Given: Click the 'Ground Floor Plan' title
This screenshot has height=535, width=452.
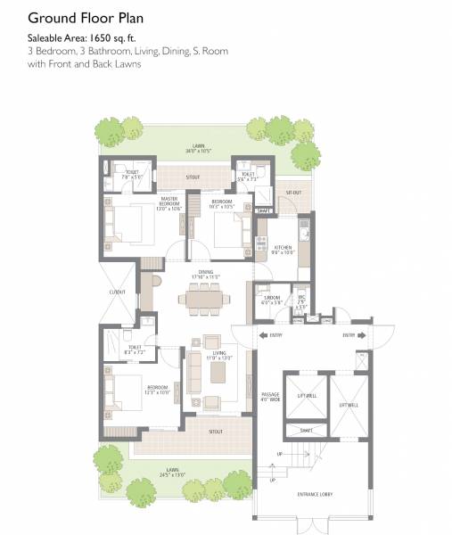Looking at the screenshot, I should point(84,17).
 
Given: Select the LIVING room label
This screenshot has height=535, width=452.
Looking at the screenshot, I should point(218,354).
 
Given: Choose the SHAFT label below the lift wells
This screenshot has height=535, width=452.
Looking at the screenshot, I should point(306,429).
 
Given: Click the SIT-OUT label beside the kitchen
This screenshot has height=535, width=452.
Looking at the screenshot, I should point(293,192).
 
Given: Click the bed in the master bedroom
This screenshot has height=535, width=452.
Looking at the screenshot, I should point(130,226).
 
